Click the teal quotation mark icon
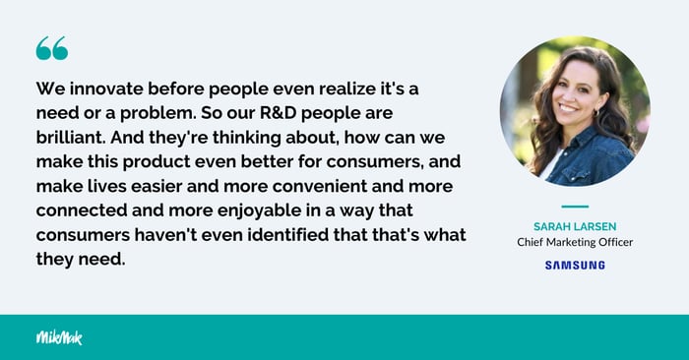pos(51,49)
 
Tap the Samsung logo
pos(575,266)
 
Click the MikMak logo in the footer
pos(59,337)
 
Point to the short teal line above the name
pos(575,208)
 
